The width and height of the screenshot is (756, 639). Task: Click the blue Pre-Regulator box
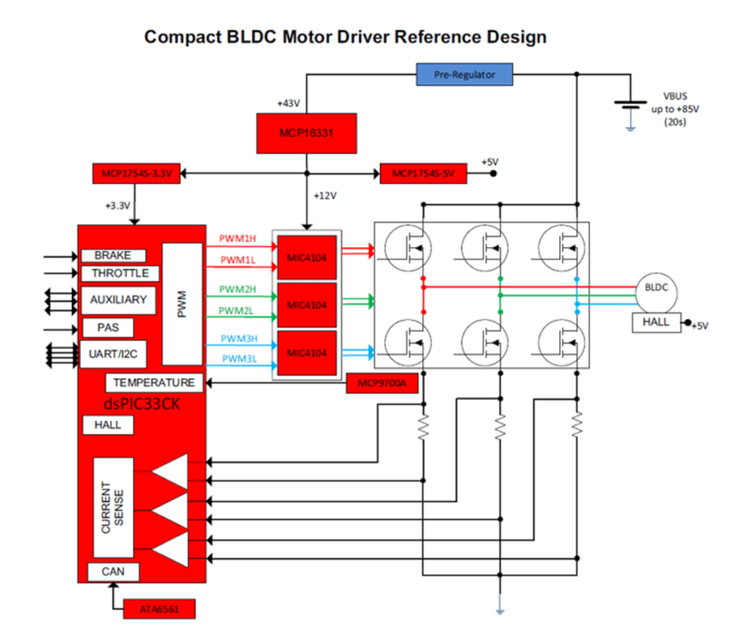pos(466,74)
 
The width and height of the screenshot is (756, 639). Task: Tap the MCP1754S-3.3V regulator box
pos(136,174)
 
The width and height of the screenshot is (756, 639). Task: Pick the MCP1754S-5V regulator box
pos(423,174)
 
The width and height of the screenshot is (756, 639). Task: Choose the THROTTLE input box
pos(119,273)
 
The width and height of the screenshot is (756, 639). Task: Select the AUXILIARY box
pos(118,299)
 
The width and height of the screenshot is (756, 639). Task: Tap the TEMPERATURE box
pos(155,382)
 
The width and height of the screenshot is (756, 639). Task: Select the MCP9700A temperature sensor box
pos(383,384)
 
